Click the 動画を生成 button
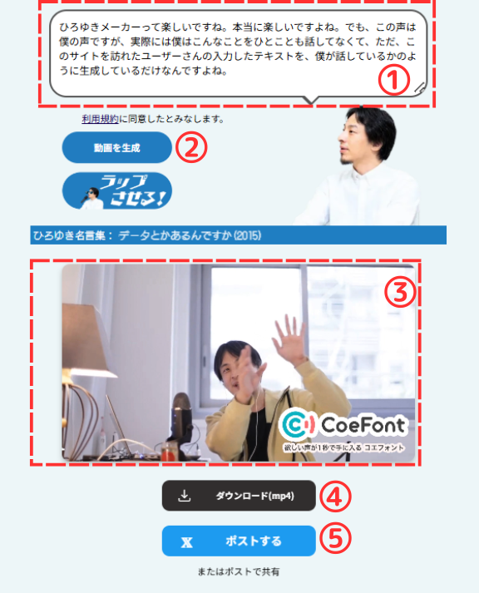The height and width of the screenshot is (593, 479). [x=116, y=147]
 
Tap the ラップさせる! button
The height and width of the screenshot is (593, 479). [x=116, y=191]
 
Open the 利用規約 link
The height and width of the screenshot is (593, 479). [x=100, y=119]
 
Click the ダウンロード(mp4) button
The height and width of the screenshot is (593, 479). [x=239, y=496]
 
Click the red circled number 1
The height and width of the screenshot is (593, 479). [x=394, y=80]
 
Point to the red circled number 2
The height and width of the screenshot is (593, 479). [x=191, y=147]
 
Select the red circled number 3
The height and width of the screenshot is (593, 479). [x=400, y=292]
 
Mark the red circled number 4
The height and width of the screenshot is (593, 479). [x=335, y=497]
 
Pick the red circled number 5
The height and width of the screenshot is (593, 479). [x=335, y=539]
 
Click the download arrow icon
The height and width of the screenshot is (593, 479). [x=184, y=496]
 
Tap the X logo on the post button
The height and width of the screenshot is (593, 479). [x=187, y=542]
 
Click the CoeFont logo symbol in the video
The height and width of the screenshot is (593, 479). [x=299, y=425]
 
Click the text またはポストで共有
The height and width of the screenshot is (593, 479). [x=239, y=572]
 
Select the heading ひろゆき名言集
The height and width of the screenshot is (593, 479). [x=69, y=235]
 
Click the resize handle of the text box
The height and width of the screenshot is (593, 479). [x=420, y=87]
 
